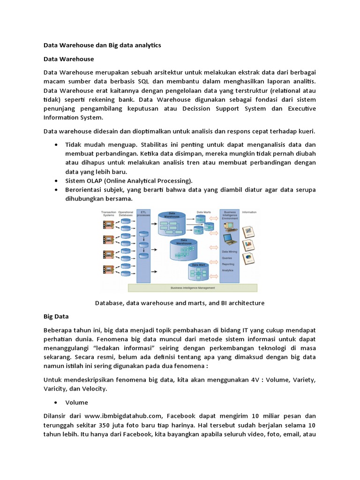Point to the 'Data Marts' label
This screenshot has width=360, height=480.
pos(204,212)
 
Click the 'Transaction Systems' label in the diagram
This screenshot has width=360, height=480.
pos(108,214)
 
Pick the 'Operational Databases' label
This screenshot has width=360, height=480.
pos(126,214)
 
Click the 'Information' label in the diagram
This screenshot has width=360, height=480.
pos(249,212)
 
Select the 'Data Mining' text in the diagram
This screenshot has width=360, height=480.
pos(230,252)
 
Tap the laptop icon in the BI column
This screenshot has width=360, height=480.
pos(230,240)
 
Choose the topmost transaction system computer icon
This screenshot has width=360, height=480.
pos(108,225)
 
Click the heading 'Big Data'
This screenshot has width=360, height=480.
pos(56,317)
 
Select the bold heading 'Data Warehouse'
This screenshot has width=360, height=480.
pos(68,59)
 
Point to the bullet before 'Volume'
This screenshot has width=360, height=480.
pos(56,402)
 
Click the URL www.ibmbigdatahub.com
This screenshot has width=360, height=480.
pos(123,415)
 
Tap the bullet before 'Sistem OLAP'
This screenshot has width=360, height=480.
pos(56,180)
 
